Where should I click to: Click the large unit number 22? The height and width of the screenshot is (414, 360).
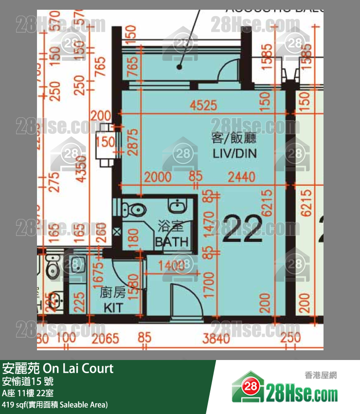click(x=242, y=229)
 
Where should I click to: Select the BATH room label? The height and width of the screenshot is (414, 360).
click(x=171, y=242)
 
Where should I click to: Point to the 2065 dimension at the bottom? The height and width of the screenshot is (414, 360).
click(x=105, y=338)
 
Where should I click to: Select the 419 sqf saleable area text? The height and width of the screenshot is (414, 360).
click(x=55, y=404)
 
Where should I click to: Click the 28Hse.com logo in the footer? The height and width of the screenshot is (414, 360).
click(x=285, y=389)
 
